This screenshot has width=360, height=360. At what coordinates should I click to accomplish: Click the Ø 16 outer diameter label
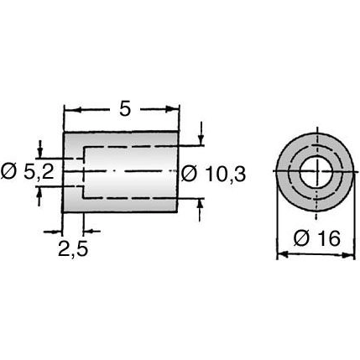coord(314,238)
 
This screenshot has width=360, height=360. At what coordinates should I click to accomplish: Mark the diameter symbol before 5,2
coord(8,172)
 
